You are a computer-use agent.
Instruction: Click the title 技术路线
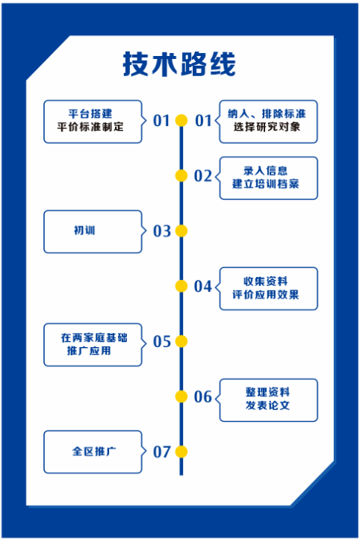(179, 64)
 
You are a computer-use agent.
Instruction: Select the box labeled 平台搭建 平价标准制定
(93, 122)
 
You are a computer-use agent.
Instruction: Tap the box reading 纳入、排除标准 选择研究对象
(268, 122)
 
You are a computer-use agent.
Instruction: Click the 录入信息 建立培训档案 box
(268, 178)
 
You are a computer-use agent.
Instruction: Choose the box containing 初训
(93, 231)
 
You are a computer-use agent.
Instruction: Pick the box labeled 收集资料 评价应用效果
(268, 289)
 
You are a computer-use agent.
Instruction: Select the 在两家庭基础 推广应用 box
(93, 345)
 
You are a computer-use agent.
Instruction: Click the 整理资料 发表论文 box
(268, 400)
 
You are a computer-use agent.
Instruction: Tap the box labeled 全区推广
(93, 452)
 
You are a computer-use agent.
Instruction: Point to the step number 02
(203, 176)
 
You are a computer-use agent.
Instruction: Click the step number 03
(162, 231)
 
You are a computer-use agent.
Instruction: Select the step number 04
(203, 287)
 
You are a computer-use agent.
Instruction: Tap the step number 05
(162, 342)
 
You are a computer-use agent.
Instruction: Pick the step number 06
(203, 396)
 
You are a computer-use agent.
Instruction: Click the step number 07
(162, 452)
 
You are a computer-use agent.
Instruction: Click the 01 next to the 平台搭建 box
(161, 121)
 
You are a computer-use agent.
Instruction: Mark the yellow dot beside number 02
(181, 175)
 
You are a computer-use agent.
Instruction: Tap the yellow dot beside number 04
(181, 286)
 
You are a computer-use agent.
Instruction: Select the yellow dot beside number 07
(181, 452)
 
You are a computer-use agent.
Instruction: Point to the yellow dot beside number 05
(181, 341)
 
